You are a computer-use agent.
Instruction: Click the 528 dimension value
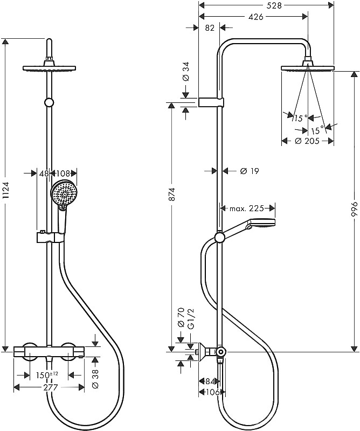coord(274,5)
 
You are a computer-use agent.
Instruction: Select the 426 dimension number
coord(256,17)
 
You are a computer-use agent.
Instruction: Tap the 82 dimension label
coord(210,28)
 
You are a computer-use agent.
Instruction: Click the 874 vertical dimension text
coord(171,194)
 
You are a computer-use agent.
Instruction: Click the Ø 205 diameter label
coord(307,141)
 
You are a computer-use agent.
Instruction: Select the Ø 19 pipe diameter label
coord(250,171)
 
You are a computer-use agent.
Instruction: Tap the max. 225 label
coord(247,208)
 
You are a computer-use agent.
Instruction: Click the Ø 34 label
coord(186,71)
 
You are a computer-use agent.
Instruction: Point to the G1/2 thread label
coord(190,318)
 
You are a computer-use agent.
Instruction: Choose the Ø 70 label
coord(181,318)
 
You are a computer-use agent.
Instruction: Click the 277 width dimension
coord(51,387)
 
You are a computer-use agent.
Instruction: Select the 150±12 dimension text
coord(47,375)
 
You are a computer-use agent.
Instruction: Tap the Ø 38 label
coord(95,379)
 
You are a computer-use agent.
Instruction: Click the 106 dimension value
coord(212,392)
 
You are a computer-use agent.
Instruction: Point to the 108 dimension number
coord(63,173)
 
